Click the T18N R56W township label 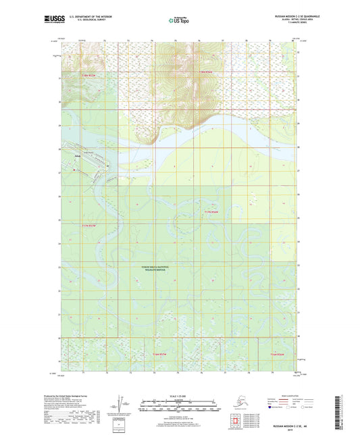pyautogui.click(x=205, y=72)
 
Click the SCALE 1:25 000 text pyautogui.click(x=178, y=397)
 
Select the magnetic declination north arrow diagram pyautogui.click(x=120, y=405)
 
